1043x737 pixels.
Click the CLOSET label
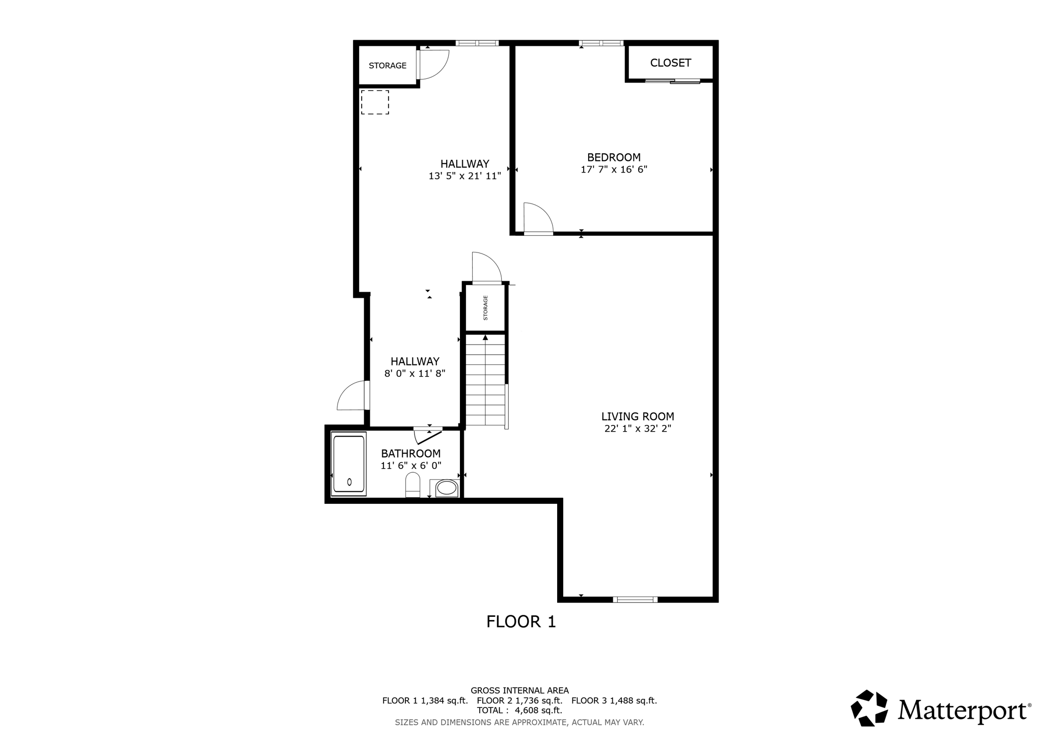click(670, 63)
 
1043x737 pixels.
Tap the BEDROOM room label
click(614, 157)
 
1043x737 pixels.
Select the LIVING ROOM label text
click(637, 416)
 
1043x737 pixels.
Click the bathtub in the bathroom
click(349, 464)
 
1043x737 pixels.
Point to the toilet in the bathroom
click(413, 485)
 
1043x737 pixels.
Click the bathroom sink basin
click(447, 488)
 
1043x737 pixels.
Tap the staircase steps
click(485, 382)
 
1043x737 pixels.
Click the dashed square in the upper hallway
click(375, 102)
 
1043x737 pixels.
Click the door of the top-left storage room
click(433, 65)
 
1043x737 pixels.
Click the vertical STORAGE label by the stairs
click(485, 308)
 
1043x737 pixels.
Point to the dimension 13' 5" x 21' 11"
click(464, 176)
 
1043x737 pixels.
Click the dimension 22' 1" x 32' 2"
click(637, 429)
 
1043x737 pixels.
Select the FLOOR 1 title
click(520, 621)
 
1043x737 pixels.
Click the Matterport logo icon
click(869, 707)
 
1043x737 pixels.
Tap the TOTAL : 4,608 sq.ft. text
click(519, 710)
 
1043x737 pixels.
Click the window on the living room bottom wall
click(635, 600)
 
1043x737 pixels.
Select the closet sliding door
click(672, 81)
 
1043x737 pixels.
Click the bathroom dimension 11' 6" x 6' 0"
click(410, 465)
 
